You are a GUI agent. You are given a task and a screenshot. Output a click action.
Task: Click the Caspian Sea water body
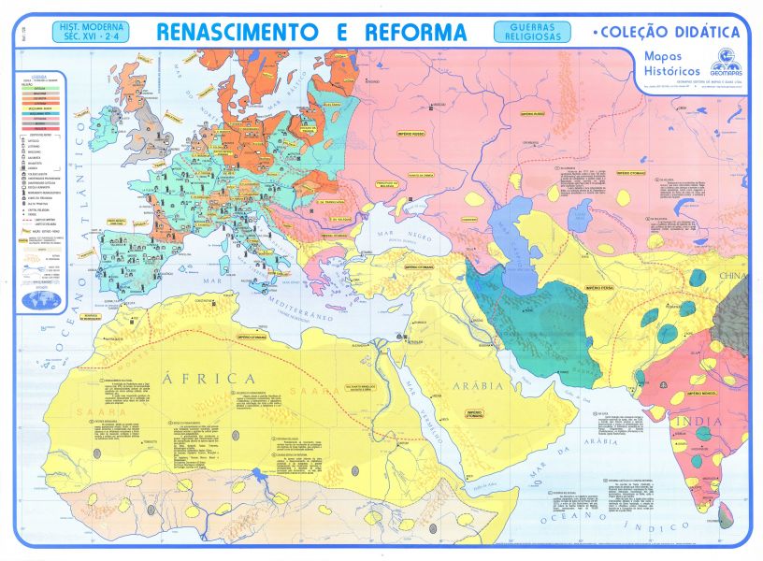click(x=511, y=225)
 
